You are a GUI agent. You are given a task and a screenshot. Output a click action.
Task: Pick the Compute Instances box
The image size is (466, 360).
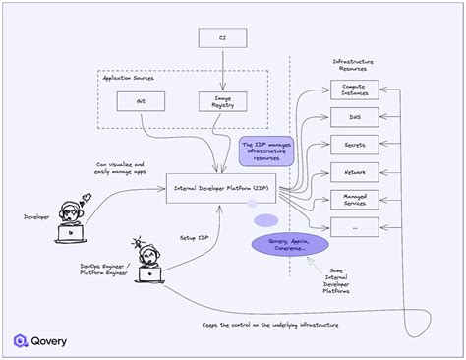353,90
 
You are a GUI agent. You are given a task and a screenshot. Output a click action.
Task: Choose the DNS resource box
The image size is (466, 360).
353,117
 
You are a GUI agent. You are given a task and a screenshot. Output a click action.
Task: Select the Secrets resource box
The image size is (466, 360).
353,144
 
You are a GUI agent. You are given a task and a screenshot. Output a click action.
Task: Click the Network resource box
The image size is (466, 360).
353,171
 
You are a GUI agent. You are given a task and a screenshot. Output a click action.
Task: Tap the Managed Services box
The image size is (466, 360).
353,199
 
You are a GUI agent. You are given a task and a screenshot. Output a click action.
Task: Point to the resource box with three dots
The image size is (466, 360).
353,226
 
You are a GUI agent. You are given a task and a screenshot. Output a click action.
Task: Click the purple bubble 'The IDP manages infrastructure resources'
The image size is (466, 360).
265,150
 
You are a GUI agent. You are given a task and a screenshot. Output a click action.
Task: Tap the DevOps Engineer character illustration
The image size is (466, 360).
150,261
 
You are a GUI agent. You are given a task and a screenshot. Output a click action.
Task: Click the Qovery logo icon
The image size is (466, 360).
21,340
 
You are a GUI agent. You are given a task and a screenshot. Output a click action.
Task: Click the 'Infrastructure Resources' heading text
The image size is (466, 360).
354,64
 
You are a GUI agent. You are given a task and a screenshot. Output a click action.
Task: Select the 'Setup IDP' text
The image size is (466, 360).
194,236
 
